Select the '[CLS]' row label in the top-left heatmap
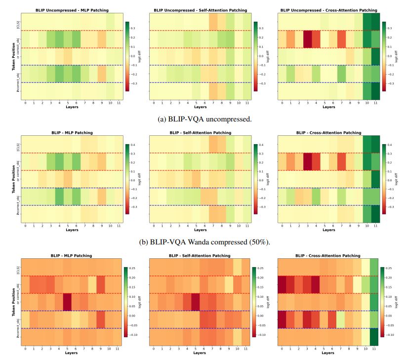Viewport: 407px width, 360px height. [x=18, y=22]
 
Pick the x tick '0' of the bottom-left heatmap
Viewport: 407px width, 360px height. [x=26, y=349]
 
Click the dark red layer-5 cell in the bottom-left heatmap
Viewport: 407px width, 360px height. [x=67, y=302]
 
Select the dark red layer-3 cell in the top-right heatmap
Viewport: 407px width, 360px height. [x=307, y=40]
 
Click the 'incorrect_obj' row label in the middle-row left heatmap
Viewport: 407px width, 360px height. [x=18, y=197]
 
